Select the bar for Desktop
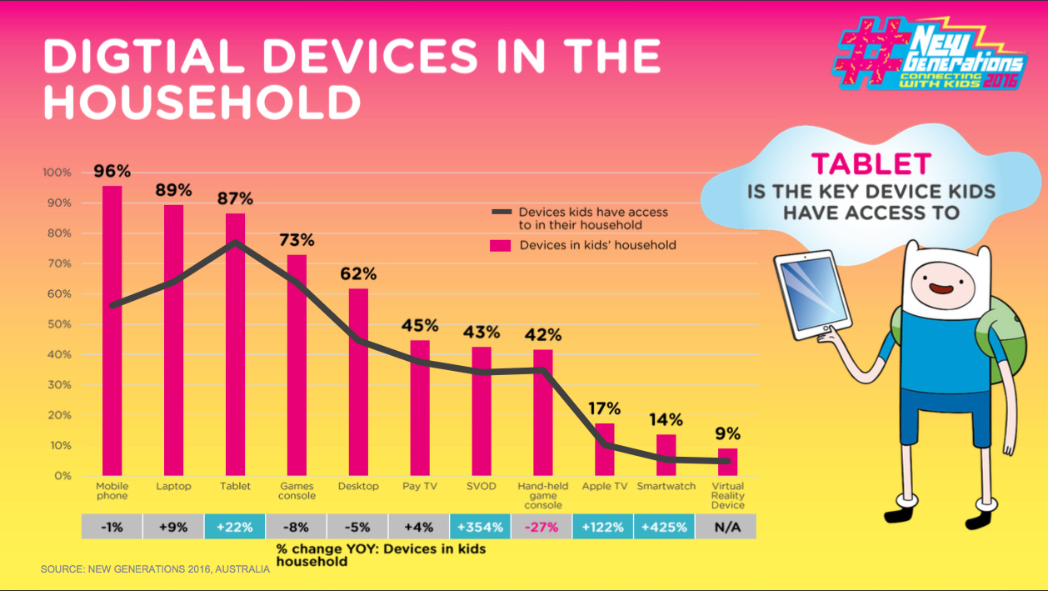point(358,383)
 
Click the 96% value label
point(112,172)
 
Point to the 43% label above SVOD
point(481,331)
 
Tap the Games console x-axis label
point(297,491)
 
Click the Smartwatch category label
point(666,486)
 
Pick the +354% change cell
point(481,527)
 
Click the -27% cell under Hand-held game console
point(541,527)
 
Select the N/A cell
point(726,527)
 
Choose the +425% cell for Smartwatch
point(665,527)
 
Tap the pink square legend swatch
point(500,245)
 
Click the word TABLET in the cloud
point(871,163)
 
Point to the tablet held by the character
point(806,296)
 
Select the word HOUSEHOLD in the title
point(202,103)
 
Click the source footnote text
point(155,569)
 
